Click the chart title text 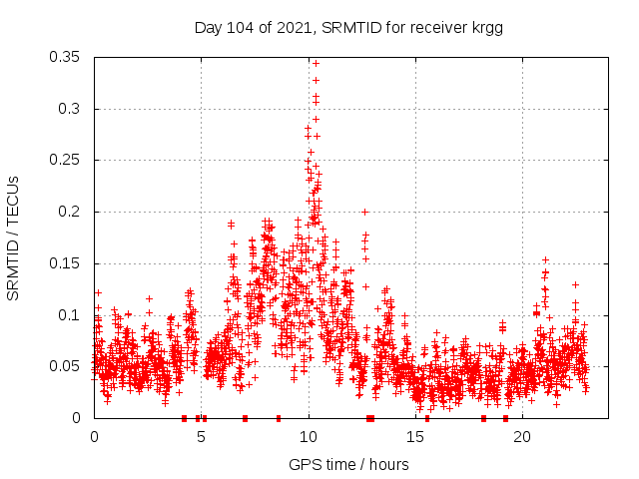tap(347, 27)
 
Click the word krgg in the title tap(485, 27)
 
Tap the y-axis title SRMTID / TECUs tap(14, 238)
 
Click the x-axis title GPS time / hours tap(348, 464)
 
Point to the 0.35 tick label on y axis tap(66, 57)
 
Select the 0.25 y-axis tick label tap(66, 160)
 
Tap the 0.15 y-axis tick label tap(66, 263)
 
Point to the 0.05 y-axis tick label tap(66, 366)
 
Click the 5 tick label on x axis tap(201, 437)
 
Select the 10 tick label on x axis tap(309, 437)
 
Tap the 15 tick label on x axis tap(415, 437)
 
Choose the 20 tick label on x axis tap(522, 437)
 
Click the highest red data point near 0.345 tap(316, 63)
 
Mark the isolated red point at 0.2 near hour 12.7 tap(365, 212)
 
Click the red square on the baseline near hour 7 tap(245, 418)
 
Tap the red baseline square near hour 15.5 tap(427, 418)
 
